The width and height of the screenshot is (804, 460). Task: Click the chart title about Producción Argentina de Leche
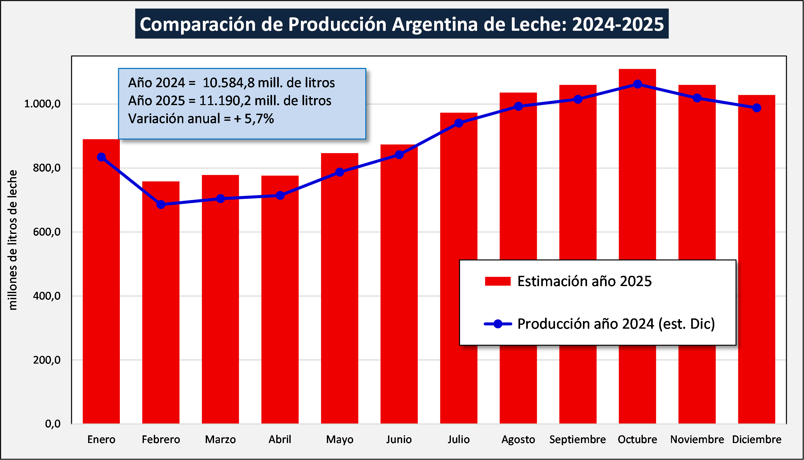[x=402, y=24]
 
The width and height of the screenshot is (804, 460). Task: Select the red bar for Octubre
[x=637, y=192]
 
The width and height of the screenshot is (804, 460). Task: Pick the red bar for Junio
[x=399, y=288]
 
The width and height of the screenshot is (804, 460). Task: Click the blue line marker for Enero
[x=101, y=157]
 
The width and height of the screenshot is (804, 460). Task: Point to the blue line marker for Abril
[x=280, y=195]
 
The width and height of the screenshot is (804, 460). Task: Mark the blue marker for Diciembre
[x=757, y=108]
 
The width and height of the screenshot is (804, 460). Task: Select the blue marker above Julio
[x=459, y=123]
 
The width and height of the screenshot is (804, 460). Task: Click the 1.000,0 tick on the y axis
[x=42, y=104]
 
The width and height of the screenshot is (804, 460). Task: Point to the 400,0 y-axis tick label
[x=47, y=296]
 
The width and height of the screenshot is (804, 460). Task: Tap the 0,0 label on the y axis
[x=53, y=424]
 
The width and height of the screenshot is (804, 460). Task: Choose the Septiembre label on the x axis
[x=577, y=439]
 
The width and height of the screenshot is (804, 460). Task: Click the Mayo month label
[x=340, y=439]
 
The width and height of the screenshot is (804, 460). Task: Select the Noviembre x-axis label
[x=697, y=439]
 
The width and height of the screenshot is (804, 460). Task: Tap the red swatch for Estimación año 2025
[x=498, y=281]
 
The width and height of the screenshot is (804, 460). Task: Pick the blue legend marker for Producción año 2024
[x=498, y=324]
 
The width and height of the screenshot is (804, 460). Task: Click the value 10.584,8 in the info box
[x=228, y=83]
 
